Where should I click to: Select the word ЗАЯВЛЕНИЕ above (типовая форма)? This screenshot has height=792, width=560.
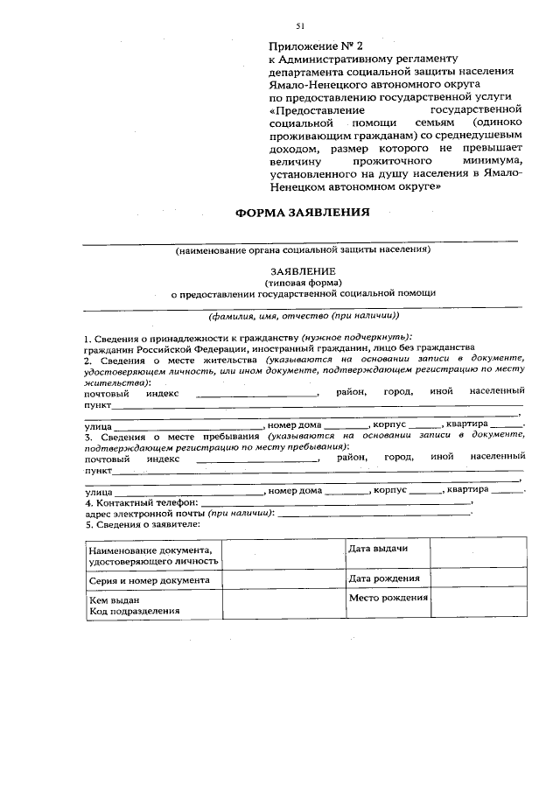[302, 271]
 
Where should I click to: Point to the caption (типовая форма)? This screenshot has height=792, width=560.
[302, 283]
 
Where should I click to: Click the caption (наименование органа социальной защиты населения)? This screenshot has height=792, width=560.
[303, 249]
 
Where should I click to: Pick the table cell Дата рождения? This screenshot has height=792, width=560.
[383, 578]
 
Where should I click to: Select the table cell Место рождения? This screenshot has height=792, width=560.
[388, 598]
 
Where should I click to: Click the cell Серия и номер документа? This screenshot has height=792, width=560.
[149, 580]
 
